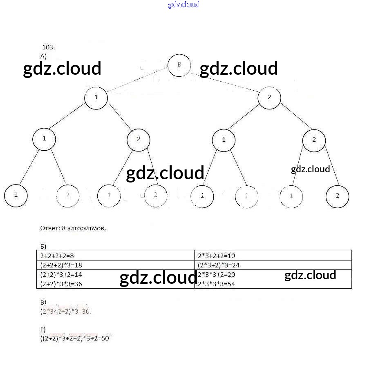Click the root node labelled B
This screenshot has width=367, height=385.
[179, 65]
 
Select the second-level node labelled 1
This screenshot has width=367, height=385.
[96, 98]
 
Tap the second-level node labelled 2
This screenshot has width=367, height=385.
[269, 98]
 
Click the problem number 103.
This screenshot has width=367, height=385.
[48, 47]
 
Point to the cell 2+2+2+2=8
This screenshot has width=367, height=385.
[57, 256]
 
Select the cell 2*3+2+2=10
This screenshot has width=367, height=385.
[216, 256]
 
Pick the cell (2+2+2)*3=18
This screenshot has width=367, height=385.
[61, 265]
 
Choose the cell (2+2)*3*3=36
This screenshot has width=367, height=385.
[61, 284]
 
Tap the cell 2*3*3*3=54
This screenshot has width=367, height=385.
[216, 284]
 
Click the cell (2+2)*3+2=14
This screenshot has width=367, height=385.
[61, 275]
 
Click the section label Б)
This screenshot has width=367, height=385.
[43, 247]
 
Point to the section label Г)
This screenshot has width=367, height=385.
[43, 329]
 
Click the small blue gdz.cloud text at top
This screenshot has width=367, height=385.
[183, 5]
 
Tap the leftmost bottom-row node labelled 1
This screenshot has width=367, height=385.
[16, 195]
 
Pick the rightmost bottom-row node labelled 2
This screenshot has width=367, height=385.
[337, 196]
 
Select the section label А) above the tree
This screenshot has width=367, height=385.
[44, 56]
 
